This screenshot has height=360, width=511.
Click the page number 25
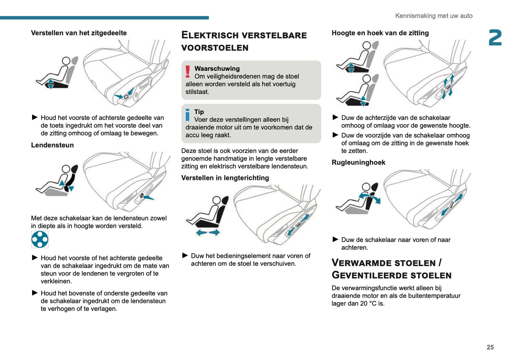pos(490,347)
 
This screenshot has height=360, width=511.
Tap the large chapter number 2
pos(495,38)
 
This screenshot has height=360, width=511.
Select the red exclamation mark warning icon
pos(188,71)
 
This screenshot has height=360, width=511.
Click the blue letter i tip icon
pos(187,115)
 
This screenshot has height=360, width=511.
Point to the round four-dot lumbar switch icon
pos(40,239)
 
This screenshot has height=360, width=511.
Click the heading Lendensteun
pos(52,145)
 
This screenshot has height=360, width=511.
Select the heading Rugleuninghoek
pos(358,162)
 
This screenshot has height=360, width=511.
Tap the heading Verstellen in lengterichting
pos(225,178)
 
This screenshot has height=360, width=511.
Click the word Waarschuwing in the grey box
pos(217,69)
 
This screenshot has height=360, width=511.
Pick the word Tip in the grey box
pos(199,112)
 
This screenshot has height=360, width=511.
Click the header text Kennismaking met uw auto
pos(434,16)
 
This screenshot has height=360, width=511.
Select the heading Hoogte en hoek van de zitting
pos(380,33)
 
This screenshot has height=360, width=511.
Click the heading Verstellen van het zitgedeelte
pos(79,33)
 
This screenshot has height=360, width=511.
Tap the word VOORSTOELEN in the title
pos(215,48)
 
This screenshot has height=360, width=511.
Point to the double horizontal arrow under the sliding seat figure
pos(208,232)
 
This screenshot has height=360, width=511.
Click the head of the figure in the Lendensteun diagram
pos(65,169)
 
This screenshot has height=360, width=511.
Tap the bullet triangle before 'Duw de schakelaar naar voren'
pos(335,239)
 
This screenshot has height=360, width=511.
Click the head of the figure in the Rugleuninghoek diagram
pos(366,186)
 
